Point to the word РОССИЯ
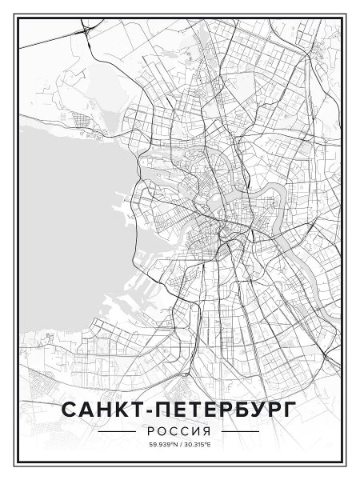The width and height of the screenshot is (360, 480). click(x=179, y=432)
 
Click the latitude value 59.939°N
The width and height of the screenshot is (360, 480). click(x=162, y=445)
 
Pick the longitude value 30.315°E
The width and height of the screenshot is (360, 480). click(x=197, y=445)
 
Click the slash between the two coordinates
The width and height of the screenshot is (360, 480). click(x=180, y=445)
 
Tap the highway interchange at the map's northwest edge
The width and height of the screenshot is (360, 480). click(x=84, y=30)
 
